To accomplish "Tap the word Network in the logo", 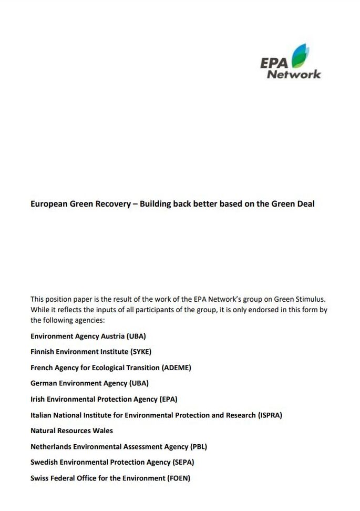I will tap(294, 74).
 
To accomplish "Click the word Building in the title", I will tap(156, 204).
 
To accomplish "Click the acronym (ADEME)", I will tap(177, 367).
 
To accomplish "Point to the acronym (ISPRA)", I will tap(270, 415).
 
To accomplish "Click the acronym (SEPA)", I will tap(183, 462).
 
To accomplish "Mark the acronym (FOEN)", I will tap(178, 478).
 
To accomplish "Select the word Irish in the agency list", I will tap(39, 399).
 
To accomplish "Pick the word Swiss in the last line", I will tap(40, 478).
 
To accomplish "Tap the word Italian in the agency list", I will tap(42, 415).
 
